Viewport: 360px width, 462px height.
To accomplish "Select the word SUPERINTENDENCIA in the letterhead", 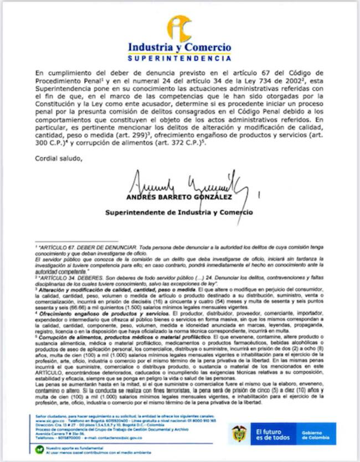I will [179, 58].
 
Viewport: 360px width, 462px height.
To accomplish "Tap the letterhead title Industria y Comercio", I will [179, 48].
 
